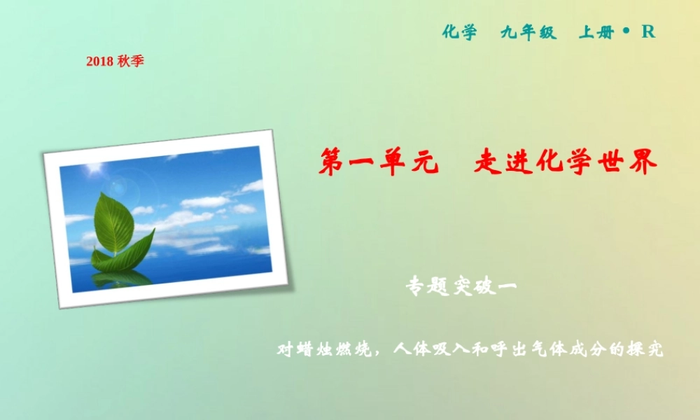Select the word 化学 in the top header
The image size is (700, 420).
[x=459, y=32]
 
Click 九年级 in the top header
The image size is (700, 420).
[x=528, y=32]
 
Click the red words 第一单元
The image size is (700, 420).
[x=378, y=162]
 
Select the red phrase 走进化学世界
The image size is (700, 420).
[x=566, y=162]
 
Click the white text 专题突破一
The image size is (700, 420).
[x=461, y=286]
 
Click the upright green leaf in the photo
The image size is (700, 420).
[x=113, y=222]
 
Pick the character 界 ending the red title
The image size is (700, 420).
[x=645, y=162]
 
